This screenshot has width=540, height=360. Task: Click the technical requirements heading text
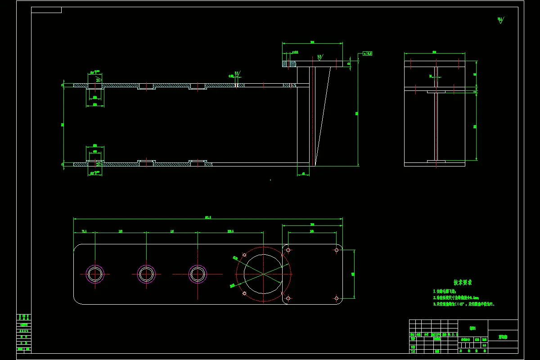click(x=463, y=283)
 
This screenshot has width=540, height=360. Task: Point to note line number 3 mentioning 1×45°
click(x=463, y=304)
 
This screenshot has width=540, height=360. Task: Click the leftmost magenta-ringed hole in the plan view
click(x=95, y=274)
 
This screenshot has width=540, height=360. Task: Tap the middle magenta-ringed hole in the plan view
click(x=146, y=274)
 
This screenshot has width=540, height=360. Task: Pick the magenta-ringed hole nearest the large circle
click(x=197, y=274)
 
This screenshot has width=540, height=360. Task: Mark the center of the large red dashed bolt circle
click(x=264, y=274)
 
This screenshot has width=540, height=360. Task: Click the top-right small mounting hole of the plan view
click(x=336, y=249)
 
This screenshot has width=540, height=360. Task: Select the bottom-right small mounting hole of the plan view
click(x=336, y=298)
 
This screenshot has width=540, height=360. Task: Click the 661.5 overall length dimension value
click(x=208, y=217)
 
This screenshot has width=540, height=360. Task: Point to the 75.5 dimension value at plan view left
click(x=84, y=231)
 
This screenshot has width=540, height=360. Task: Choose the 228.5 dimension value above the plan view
click(x=230, y=231)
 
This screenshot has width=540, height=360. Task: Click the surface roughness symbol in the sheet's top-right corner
click(x=500, y=20)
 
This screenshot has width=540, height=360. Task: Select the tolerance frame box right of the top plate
click(x=367, y=54)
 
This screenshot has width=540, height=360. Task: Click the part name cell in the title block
click(x=503, y=336)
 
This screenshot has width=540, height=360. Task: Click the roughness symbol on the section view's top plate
click(x=319, y=58)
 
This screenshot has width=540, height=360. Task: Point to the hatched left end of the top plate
click(x=289, y=64)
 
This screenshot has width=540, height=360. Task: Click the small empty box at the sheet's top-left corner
click(x=46, y=10)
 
